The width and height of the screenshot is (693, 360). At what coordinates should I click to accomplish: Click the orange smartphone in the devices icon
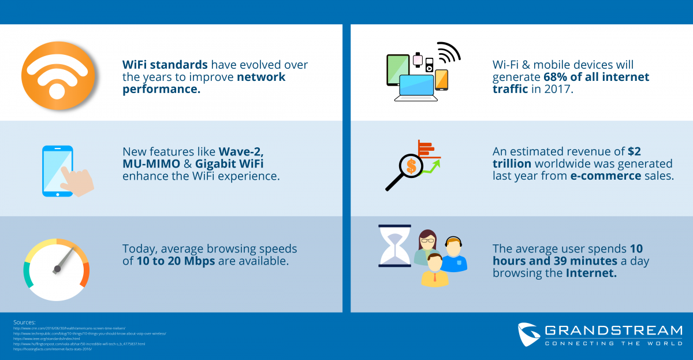click(441, 80)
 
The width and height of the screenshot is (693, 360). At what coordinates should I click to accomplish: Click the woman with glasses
click(427, 246)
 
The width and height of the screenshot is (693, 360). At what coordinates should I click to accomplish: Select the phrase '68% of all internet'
click(596, 77)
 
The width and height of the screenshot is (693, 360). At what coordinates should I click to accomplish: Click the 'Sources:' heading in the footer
click(24, 322)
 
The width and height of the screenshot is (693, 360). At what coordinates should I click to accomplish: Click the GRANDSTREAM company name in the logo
click(613, 331)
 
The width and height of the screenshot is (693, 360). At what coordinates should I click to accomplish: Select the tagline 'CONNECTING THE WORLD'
click(613, 343)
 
